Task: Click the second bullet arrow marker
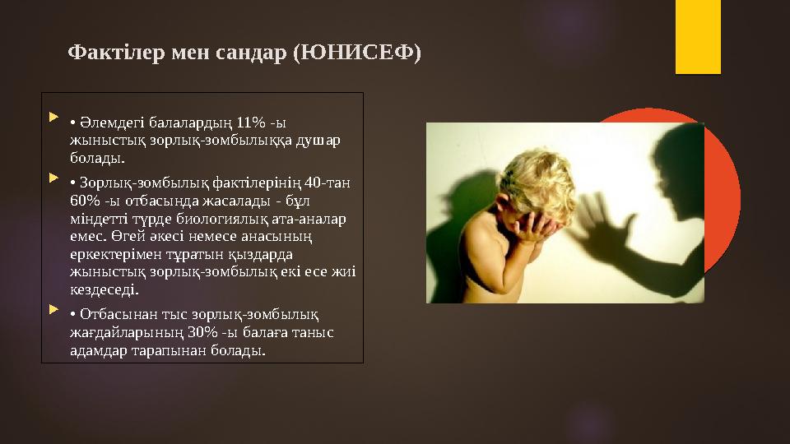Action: [54, 178]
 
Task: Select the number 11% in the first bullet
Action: [252, 123]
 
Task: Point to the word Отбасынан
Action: [111, 314]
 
